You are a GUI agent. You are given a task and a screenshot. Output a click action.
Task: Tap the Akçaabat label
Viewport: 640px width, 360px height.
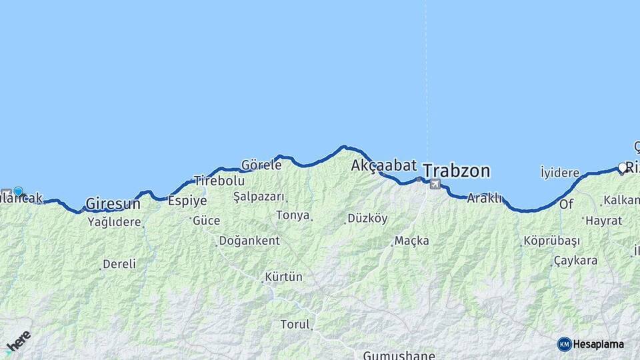pos(384,165)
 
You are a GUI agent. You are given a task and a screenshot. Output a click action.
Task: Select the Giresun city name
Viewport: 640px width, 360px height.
pos(113,203)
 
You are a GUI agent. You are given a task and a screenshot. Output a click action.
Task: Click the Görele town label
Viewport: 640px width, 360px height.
pos(261,165)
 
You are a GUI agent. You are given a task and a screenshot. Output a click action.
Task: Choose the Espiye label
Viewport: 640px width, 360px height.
pos(187,201)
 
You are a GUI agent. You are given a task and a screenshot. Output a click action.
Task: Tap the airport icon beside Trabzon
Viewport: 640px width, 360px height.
pos(435,184)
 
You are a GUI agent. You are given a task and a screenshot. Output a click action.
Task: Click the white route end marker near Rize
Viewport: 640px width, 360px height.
pos(623,167)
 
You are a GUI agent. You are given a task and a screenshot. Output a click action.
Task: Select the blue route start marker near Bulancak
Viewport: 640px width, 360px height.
pos(18,191)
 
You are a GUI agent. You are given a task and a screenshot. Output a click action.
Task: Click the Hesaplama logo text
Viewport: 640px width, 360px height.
pos(599,344)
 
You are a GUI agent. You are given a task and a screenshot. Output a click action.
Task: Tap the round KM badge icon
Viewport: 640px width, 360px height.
pos(564,344)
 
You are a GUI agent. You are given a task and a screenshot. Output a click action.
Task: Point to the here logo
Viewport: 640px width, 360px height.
pos(18,343)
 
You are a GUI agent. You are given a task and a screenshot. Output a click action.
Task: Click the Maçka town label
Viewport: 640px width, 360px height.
pos(411,241)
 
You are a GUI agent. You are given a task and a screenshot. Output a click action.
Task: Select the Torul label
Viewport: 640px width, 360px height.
pos(295,325)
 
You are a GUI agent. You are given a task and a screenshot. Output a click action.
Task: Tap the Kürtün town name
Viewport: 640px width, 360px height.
pos(283,277)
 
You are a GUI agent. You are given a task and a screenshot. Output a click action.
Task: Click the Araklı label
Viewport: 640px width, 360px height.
pos(483,198)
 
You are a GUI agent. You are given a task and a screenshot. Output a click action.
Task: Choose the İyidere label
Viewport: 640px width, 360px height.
pos(559,173)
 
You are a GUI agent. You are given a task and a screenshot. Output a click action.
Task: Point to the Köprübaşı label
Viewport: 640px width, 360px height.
pos(552,241)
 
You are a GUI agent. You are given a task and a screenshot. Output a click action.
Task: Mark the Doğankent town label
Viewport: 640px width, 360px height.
pos(249,241)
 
